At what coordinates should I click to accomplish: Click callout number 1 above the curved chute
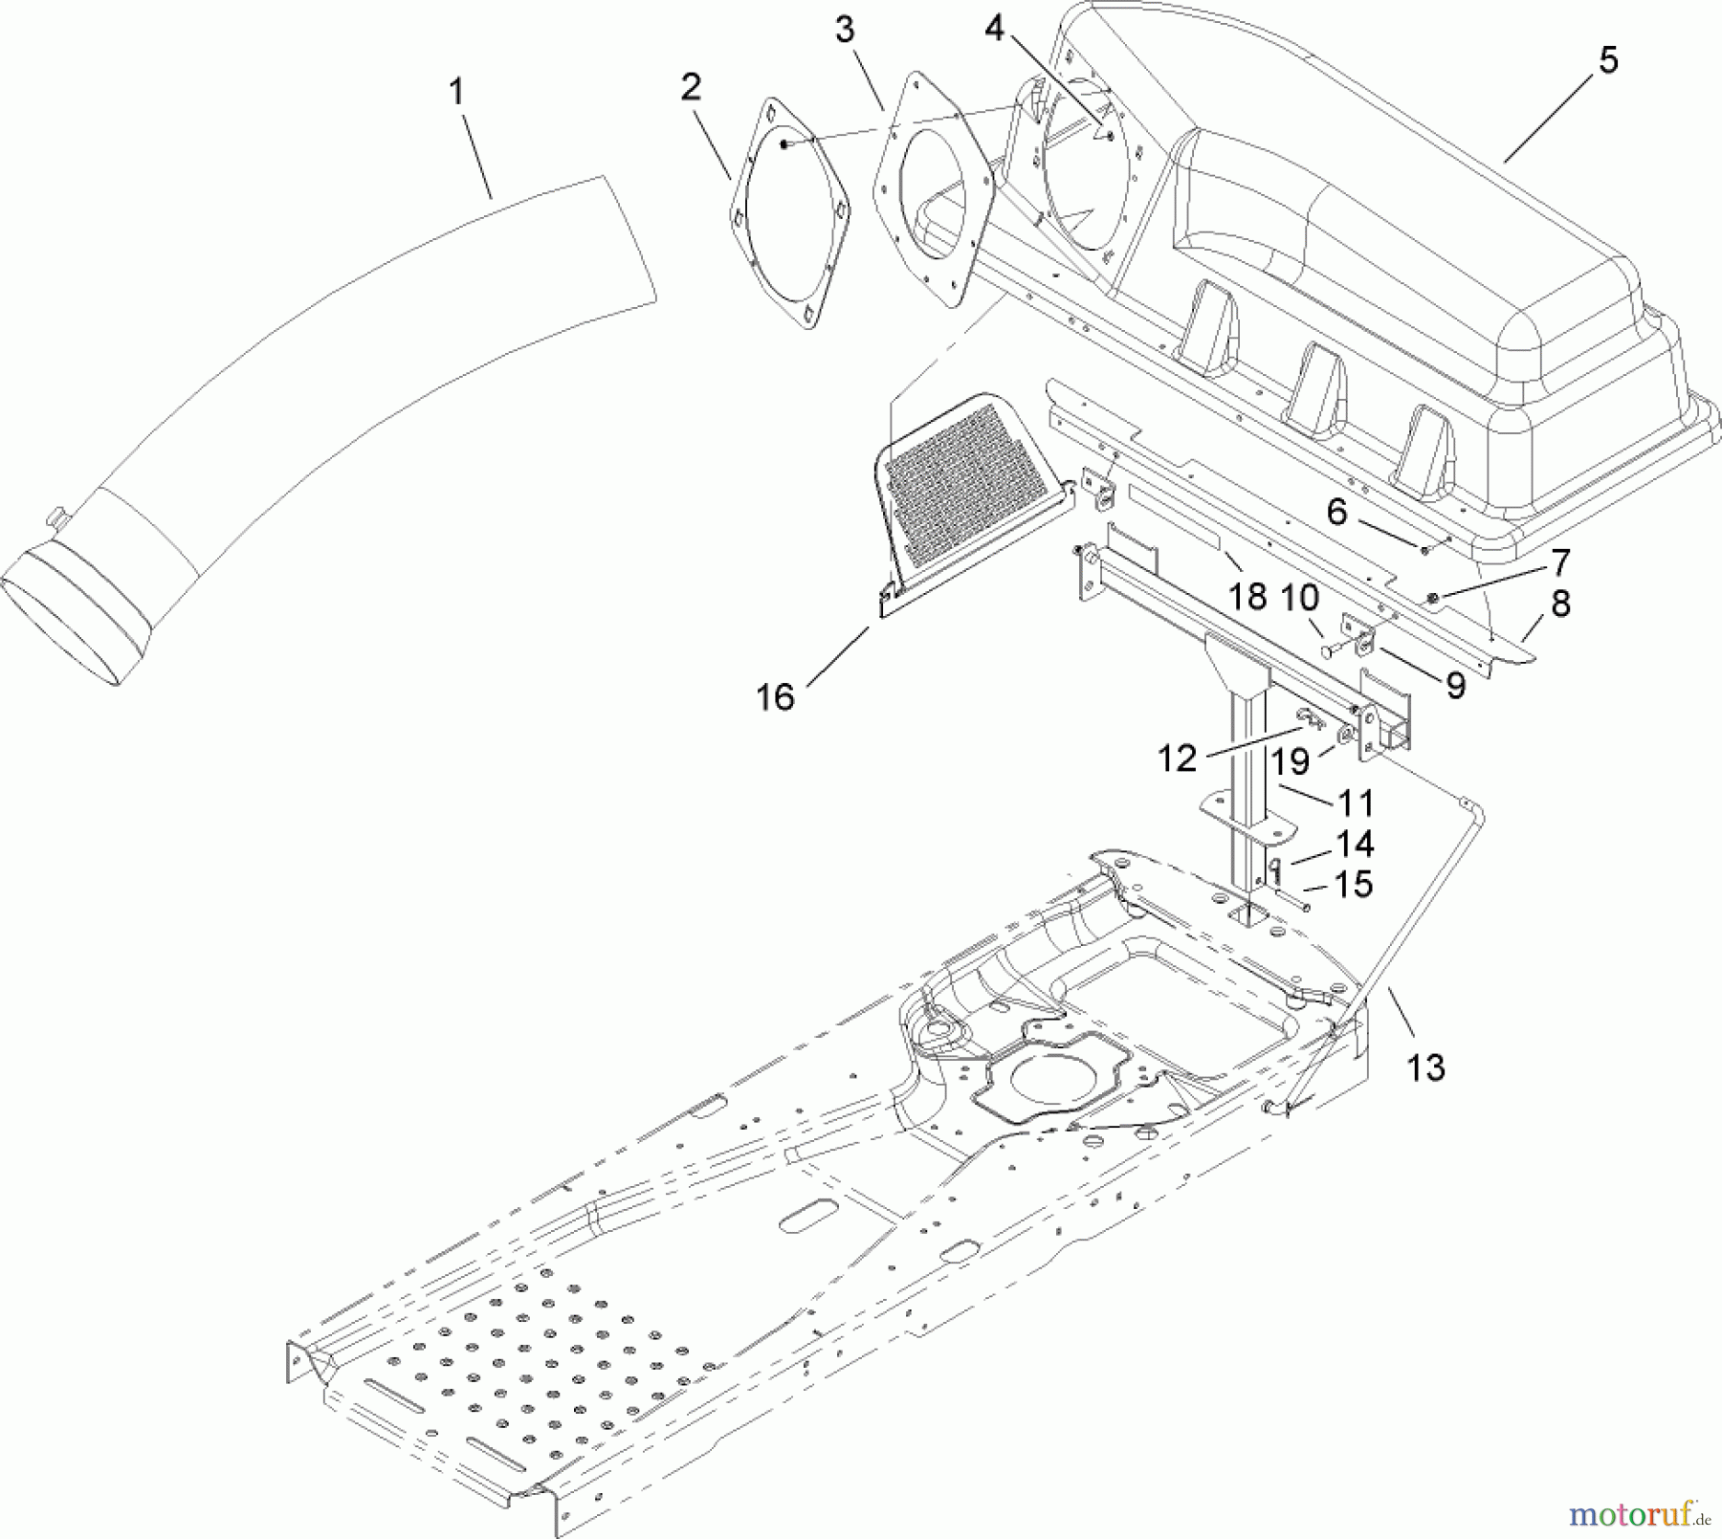point(456,93)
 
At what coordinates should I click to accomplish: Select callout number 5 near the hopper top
point(1608,59)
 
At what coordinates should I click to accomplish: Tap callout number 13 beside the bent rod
point(1425,1066)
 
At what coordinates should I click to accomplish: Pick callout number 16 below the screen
point(775,697)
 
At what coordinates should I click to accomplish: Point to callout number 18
point(1247,596)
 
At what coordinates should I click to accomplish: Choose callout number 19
point(1289,761)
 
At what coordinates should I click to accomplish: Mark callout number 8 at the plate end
point(1560,604)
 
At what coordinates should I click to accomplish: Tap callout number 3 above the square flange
point(844,31)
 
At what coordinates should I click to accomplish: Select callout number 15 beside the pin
point(1353,885)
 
